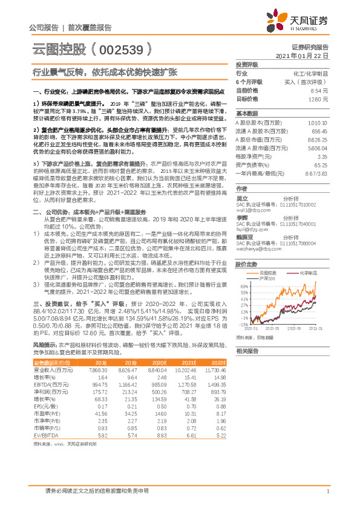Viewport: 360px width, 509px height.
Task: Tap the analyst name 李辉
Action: (241, 216)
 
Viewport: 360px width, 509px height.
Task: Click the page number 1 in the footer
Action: (327, 492)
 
